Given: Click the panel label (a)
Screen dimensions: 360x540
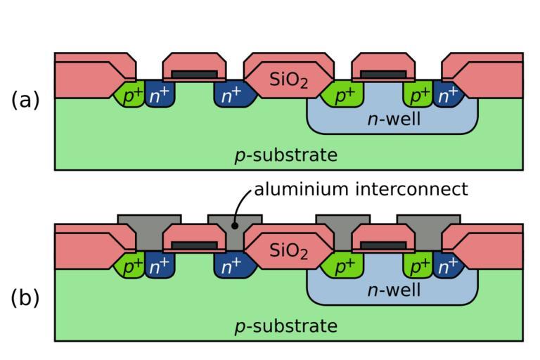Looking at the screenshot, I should pyautogui.click(x=25, y=101).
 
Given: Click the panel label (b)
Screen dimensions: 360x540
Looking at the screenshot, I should pyautogui.click(x=25, y=298).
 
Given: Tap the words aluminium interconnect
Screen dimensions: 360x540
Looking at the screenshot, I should pyautogui.click(x=361, y=188).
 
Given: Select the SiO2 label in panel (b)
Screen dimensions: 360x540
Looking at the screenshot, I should pyautogui.click(x=289, y=251).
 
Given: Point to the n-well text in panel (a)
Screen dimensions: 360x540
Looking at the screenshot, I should pyautogui.click(x=394, y=120).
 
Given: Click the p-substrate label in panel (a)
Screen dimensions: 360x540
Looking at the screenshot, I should pyautogui.click(x=285, y=155).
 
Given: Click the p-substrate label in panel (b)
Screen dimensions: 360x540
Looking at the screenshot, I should pyautogui.click(x=285, y=326).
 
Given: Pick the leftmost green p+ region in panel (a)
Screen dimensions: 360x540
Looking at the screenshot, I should pyautogui.click(x=131, y=96).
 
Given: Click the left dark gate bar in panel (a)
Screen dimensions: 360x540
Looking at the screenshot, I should pyautogui.click(x=195, y=73).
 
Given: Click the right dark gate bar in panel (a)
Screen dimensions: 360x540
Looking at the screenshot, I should pyautogui.click(x=383, y=73).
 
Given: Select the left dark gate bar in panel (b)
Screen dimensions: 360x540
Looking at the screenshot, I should pyautogui.click(x=195, y=244).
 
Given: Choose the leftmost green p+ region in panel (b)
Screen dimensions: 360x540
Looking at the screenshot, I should pyautogui.click(x=131, y=266).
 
